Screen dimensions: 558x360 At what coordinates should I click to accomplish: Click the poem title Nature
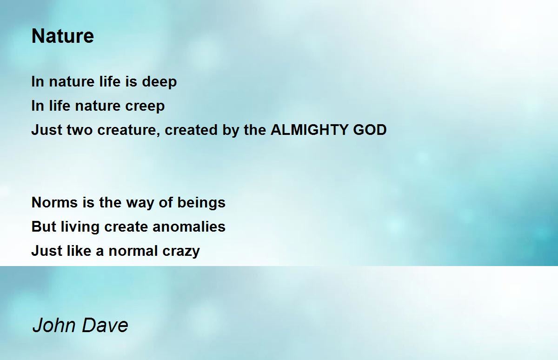click(62, 36)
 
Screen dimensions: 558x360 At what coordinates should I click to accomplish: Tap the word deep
click(159, 82)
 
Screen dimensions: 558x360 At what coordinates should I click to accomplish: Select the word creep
click(145, 107)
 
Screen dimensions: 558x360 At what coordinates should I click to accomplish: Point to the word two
click(80, 130)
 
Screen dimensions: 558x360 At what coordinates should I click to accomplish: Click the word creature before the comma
click(127, 131)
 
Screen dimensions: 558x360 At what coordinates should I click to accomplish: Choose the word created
click(191, 130)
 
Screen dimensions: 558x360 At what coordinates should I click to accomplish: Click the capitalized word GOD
click(370, 130)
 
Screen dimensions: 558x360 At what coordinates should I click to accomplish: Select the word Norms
click(54, 202)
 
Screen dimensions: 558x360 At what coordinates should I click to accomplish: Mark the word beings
click(201, 203)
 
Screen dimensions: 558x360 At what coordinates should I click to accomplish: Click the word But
click(44, 227)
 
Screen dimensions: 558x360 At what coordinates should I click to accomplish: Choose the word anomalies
click(189, 227)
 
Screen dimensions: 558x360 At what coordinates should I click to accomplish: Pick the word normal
click(133, 251)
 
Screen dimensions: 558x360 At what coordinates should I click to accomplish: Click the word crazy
click(181, 252)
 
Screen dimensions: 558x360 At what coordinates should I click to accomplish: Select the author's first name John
click(54, 326)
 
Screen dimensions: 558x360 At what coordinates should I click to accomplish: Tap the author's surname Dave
click(105, 326)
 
